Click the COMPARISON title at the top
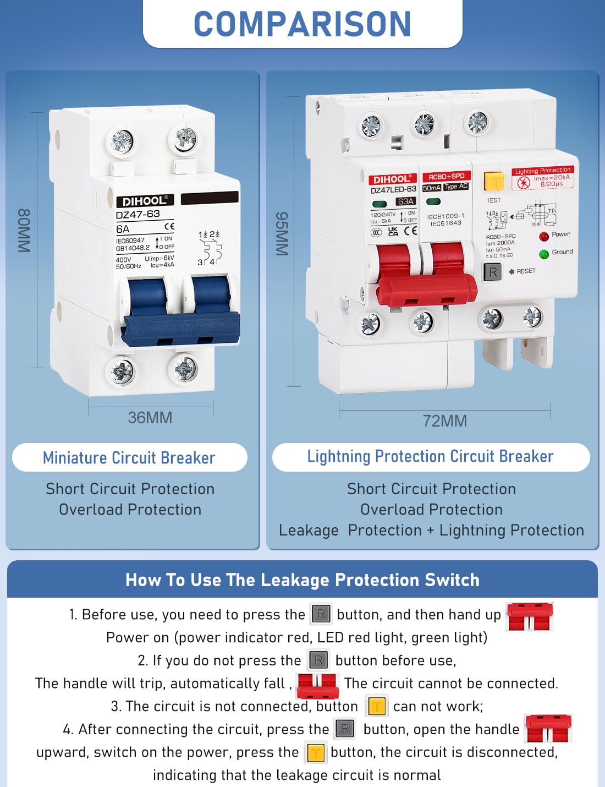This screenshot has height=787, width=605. (302, 24)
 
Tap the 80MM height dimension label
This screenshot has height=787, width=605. (24, 231)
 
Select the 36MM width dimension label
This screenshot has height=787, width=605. (150, 418)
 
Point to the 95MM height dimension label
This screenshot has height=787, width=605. (282, 233)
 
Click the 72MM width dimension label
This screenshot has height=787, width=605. (444, 421)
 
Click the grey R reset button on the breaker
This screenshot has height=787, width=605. (492, 272)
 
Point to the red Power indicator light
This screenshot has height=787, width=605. (544, 236)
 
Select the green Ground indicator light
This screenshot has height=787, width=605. (544, 254)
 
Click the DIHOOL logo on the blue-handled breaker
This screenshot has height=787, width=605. (144, 201)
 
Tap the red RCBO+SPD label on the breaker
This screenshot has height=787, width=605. (447, 177)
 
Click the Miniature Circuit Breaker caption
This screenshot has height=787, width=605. (129, 458)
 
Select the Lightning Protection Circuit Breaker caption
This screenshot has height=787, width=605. (430, 457)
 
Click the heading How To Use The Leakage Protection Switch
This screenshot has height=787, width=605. (302, 580)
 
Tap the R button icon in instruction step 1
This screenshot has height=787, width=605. (321, 614)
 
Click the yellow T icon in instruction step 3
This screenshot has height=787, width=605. (376, 706)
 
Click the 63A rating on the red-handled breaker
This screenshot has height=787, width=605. (405, 201)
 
